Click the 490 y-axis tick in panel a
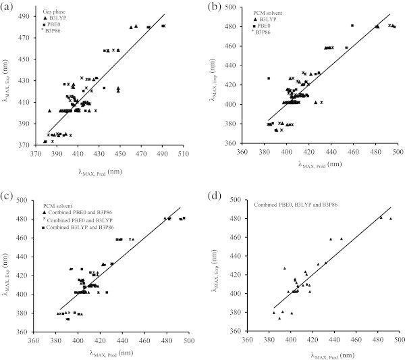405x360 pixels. tap(31, 16)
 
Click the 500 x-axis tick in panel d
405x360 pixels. tap(398, 340)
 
